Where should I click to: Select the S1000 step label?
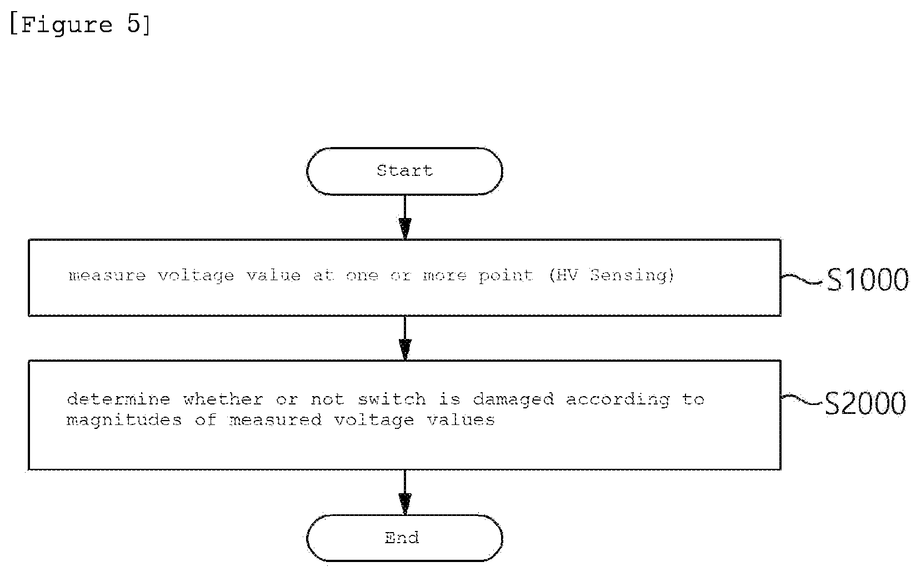click(x=867, y=280)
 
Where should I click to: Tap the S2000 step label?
click(x=865, y=403)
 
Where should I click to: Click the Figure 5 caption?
click(x=80, y=24)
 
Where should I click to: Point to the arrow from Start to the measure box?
click(x=405, y=217)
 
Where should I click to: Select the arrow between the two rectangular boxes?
click(x=405, y=338)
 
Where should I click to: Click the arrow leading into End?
click(x=405, y=493)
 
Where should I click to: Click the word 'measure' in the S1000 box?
click(x=107, y=276)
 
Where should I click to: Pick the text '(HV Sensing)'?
click(x=612, y=275)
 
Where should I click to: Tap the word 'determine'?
click(x=118, y=399)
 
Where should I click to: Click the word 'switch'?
click(x=392, y=399)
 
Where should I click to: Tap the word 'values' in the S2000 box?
click(x=461, y=420)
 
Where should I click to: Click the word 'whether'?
click(x=223, y=399)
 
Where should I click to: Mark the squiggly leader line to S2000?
click(x=802, y=399)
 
